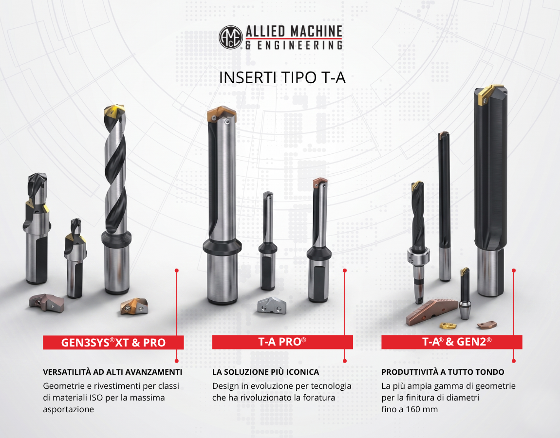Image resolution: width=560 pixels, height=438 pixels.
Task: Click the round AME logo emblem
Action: (x=231, y=37)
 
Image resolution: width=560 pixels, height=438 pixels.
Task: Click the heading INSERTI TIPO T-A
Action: (x=282, y=77)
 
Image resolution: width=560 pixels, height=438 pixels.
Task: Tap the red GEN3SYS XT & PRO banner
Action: (x=113, y=342)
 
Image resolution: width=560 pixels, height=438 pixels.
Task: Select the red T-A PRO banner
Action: (x=282, y=342)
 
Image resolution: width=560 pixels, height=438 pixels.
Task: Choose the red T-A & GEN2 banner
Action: (x=452, y=342)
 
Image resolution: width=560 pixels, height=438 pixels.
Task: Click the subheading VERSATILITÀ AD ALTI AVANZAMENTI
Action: (x=112, y=372)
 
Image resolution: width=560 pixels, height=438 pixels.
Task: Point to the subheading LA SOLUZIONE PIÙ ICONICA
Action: (x=265, y=372)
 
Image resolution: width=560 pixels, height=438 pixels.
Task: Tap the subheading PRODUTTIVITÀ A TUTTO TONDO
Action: (x=443, y=372)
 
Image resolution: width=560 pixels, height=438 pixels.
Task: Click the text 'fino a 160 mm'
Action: (x=410, y=409)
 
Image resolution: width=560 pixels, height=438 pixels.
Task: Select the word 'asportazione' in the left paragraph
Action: (x=68, y=409)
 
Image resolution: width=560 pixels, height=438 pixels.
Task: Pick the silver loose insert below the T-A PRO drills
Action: (x=272, y=306)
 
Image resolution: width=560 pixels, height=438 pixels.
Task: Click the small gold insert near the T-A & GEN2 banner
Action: (x=448, y=326)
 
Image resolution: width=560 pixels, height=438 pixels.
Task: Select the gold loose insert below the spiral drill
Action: (x=133, y=306)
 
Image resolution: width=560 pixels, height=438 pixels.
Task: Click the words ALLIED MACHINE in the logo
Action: (x=294, y=32)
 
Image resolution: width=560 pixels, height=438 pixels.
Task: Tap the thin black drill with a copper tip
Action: (x=444, y=206)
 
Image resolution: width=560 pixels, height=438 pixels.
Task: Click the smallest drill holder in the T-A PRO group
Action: (x=268, y=240)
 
